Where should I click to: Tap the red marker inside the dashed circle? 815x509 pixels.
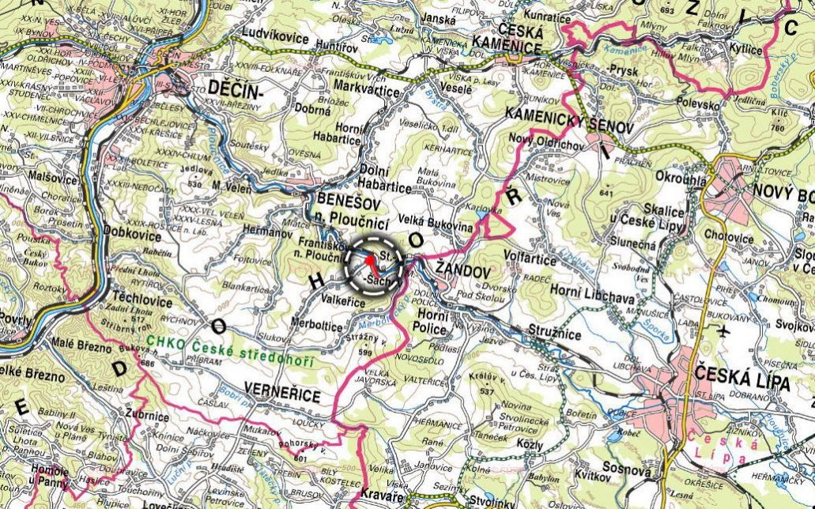click(x=370, y=261)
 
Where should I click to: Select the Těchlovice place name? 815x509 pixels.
click(x=144, y=298)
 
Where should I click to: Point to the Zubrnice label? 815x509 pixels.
click(x=149, y=413)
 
